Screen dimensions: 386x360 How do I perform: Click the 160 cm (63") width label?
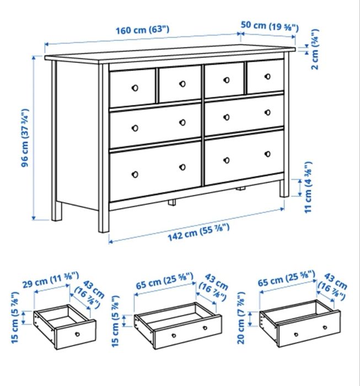pos(142,30)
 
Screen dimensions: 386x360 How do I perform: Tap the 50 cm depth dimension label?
pos(270,26)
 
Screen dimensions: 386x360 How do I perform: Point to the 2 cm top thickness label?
pos(314,50)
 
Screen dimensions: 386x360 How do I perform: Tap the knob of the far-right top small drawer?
pos(266,77)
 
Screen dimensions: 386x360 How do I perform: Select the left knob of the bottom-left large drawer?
pos(134,174)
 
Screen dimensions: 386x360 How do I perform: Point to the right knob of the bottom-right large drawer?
pos(267,153)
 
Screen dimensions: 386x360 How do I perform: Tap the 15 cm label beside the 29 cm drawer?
pos(15,321)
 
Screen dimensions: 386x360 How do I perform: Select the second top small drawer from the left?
pos(180,84)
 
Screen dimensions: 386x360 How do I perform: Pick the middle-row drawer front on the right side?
pos(244,114)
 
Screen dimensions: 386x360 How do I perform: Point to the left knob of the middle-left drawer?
pos(134,128)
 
